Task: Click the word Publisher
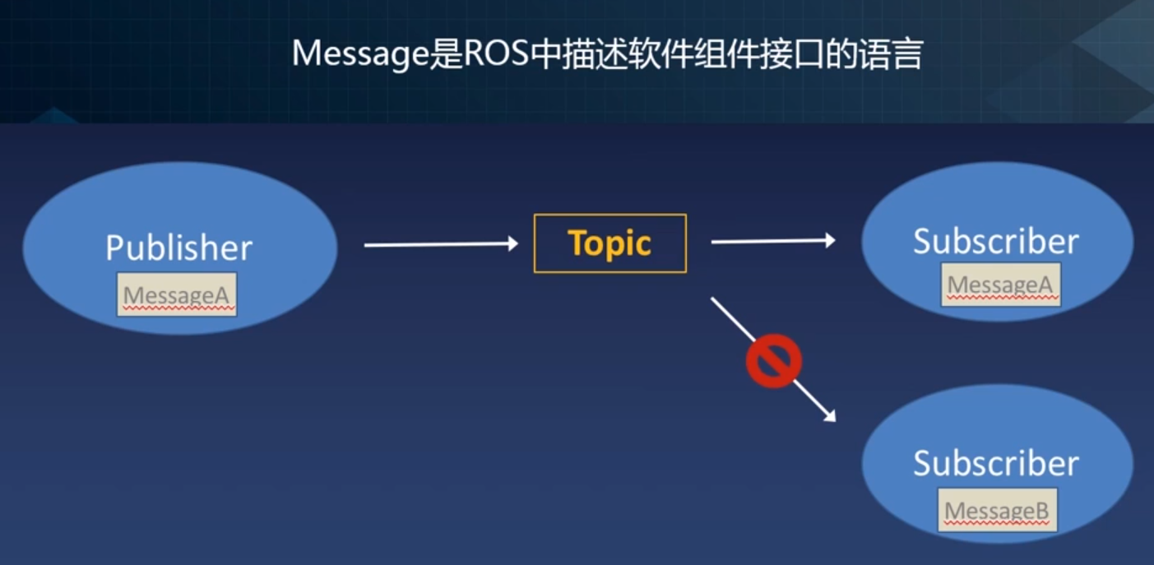(x=178, y=248)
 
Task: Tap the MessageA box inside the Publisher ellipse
(x=177, y=294)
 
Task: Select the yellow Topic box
(x=609, y=243)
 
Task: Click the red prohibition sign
(x=773, y=360)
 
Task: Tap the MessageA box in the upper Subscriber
(x=1000, y=285)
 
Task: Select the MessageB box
(x=997, y=511)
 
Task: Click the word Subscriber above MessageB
(x=995, y=464)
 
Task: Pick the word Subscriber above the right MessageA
(x=995, y=241)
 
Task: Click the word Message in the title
(x=359, y=54)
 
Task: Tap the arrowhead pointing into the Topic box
(x=512, y=243)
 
